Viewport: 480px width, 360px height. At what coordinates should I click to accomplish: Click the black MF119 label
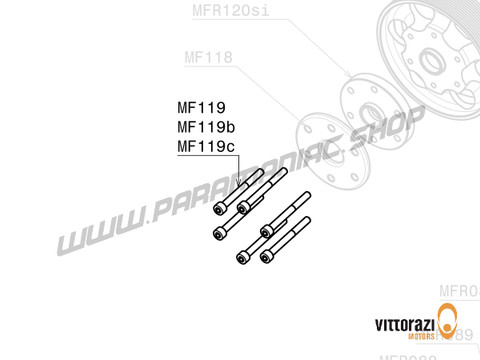pos(201,108)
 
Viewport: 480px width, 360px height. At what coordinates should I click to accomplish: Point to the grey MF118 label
pos(208,58)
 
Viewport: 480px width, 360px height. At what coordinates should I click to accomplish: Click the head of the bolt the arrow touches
pos(242,205)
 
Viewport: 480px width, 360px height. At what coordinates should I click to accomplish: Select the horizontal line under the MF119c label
pos(208,158)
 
